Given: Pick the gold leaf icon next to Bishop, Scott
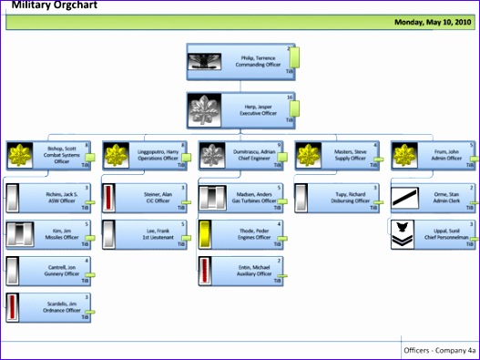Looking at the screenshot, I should pos(20,157).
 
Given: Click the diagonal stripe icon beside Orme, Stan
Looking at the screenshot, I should pos(406,198).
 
